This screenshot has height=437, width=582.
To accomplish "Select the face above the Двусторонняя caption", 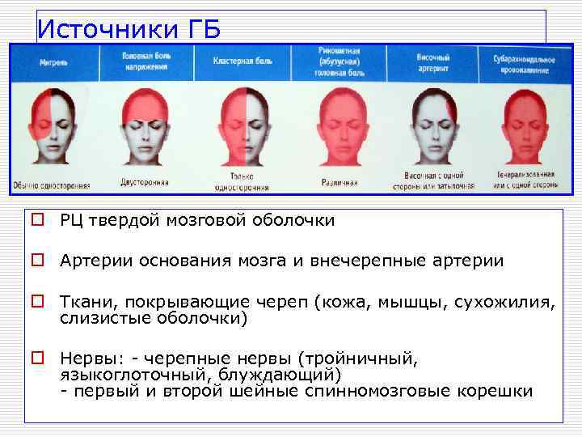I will click(x=144, y=121).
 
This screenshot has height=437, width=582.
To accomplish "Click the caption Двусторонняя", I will click(x=144, y=182).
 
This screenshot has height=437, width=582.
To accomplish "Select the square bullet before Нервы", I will click(x=38, y=357).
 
